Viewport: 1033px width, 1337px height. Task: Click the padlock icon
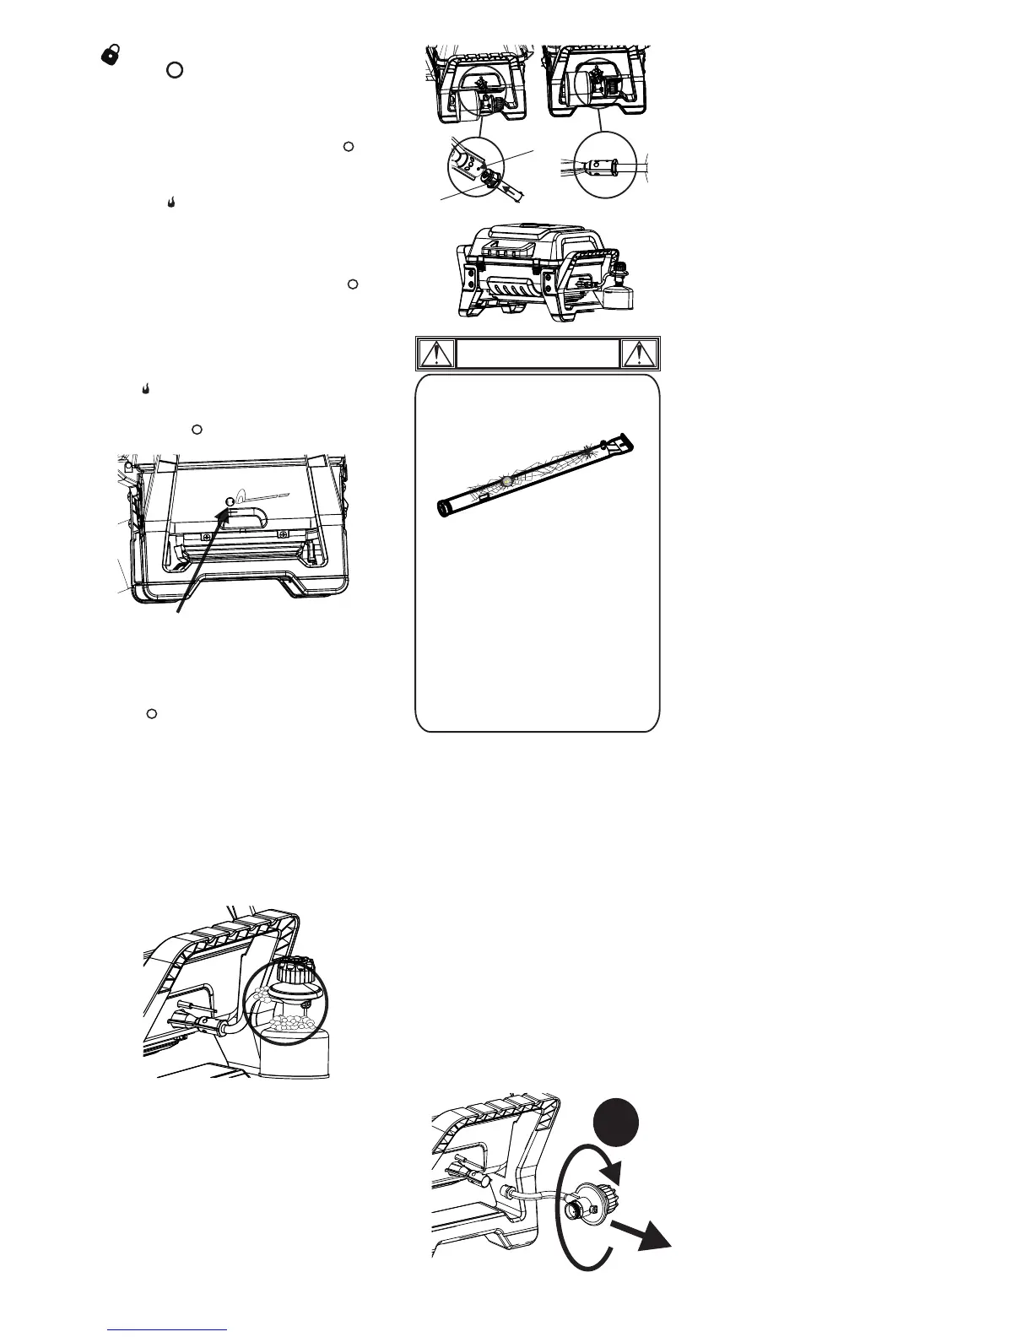point(109,53)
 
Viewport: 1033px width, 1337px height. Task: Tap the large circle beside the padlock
point(173,69)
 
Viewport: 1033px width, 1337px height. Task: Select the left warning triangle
point(435,354)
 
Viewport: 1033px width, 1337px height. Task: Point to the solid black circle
point(614,1119)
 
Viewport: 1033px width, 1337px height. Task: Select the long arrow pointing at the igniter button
point(201,557)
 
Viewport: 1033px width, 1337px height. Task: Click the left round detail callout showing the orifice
point(477,165)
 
